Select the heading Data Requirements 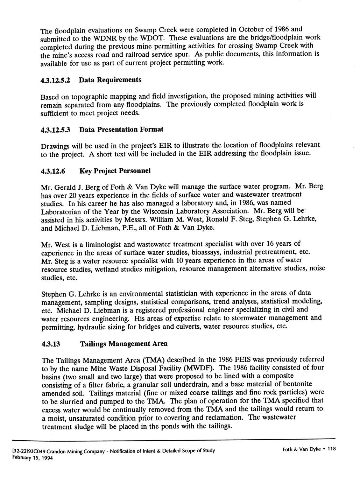coord(110,80)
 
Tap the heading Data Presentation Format coord(121,130)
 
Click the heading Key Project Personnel coord(115,171)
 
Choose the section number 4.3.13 coord(51,344)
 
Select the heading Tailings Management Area coord(123,344)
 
